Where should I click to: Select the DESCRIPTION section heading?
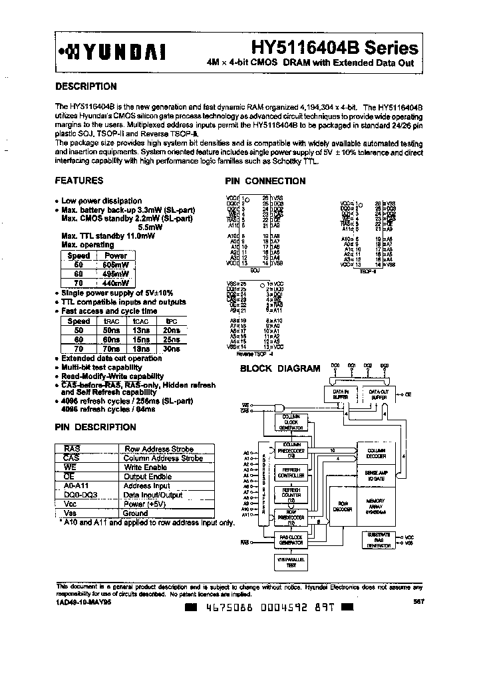[x=86, y=86]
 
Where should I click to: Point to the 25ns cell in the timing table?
[x=171, y=338]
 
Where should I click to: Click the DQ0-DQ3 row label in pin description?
[x=76, y=495]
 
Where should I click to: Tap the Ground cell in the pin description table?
[x=135, y=513]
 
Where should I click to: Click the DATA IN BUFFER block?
[x=342, y=394]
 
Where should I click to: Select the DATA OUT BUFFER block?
[x=380, y=394]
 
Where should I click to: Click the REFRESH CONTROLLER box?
[x=291, y=473]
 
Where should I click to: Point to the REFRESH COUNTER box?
[x=291, y=493]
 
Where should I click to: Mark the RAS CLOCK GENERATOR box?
[x=291, y=540]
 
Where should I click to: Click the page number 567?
[x=418, y=602]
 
